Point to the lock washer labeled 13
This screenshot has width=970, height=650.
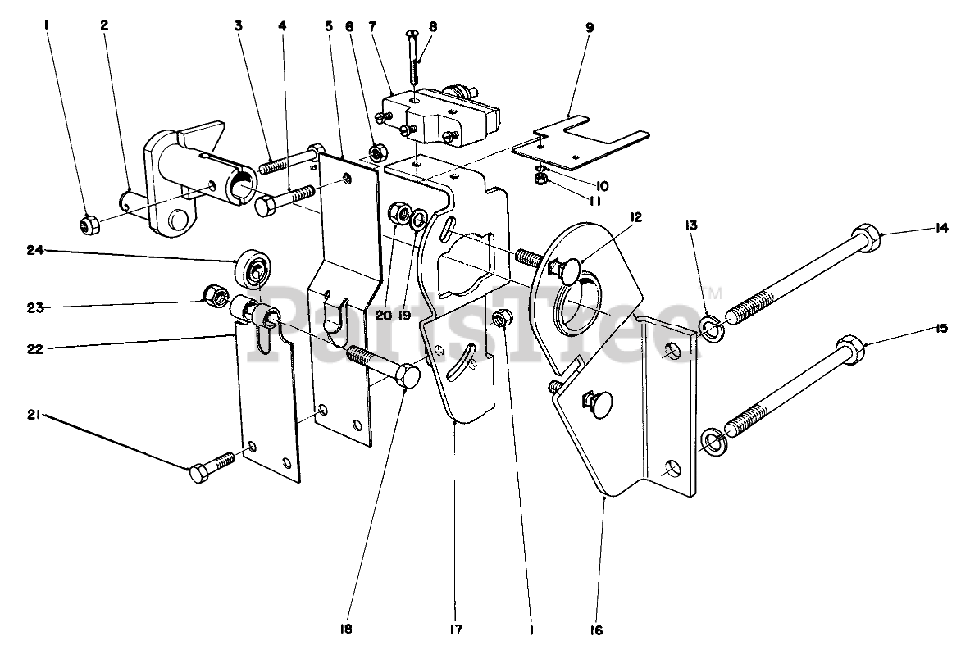[711, 329]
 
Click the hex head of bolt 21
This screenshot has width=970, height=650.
[201, 474]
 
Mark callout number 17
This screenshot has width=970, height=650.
[456, 630]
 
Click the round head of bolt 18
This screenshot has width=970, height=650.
[408, 379]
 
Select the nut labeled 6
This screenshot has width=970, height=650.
[379, 152]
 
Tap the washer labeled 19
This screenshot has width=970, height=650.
[417, 219]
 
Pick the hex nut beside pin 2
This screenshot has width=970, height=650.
[89, 224]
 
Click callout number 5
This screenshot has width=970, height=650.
[328, 25]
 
